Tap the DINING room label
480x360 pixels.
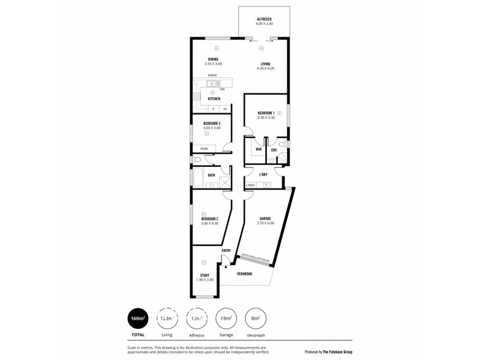pos(213,59)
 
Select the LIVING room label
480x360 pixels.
pos(265,64)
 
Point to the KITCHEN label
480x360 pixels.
pos(214,98)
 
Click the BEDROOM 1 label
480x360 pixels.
pos(266,113)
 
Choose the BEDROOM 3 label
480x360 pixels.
pos(212,123)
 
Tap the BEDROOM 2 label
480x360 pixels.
pos(209,219)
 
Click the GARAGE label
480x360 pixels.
pos(266,218)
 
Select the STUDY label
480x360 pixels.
pos(205,275)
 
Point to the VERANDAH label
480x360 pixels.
pos(243,274)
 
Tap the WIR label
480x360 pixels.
pos(258,149)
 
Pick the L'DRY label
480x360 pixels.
pos(263,175)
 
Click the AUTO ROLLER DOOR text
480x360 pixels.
pos(254,258)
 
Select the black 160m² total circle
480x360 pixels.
pos(137,317)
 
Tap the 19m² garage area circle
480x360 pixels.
pos(226,317)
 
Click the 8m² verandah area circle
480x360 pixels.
pos(256,317)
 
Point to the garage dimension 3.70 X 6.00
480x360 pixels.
pos(266,223)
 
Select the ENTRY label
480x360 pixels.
pos(226,251)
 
